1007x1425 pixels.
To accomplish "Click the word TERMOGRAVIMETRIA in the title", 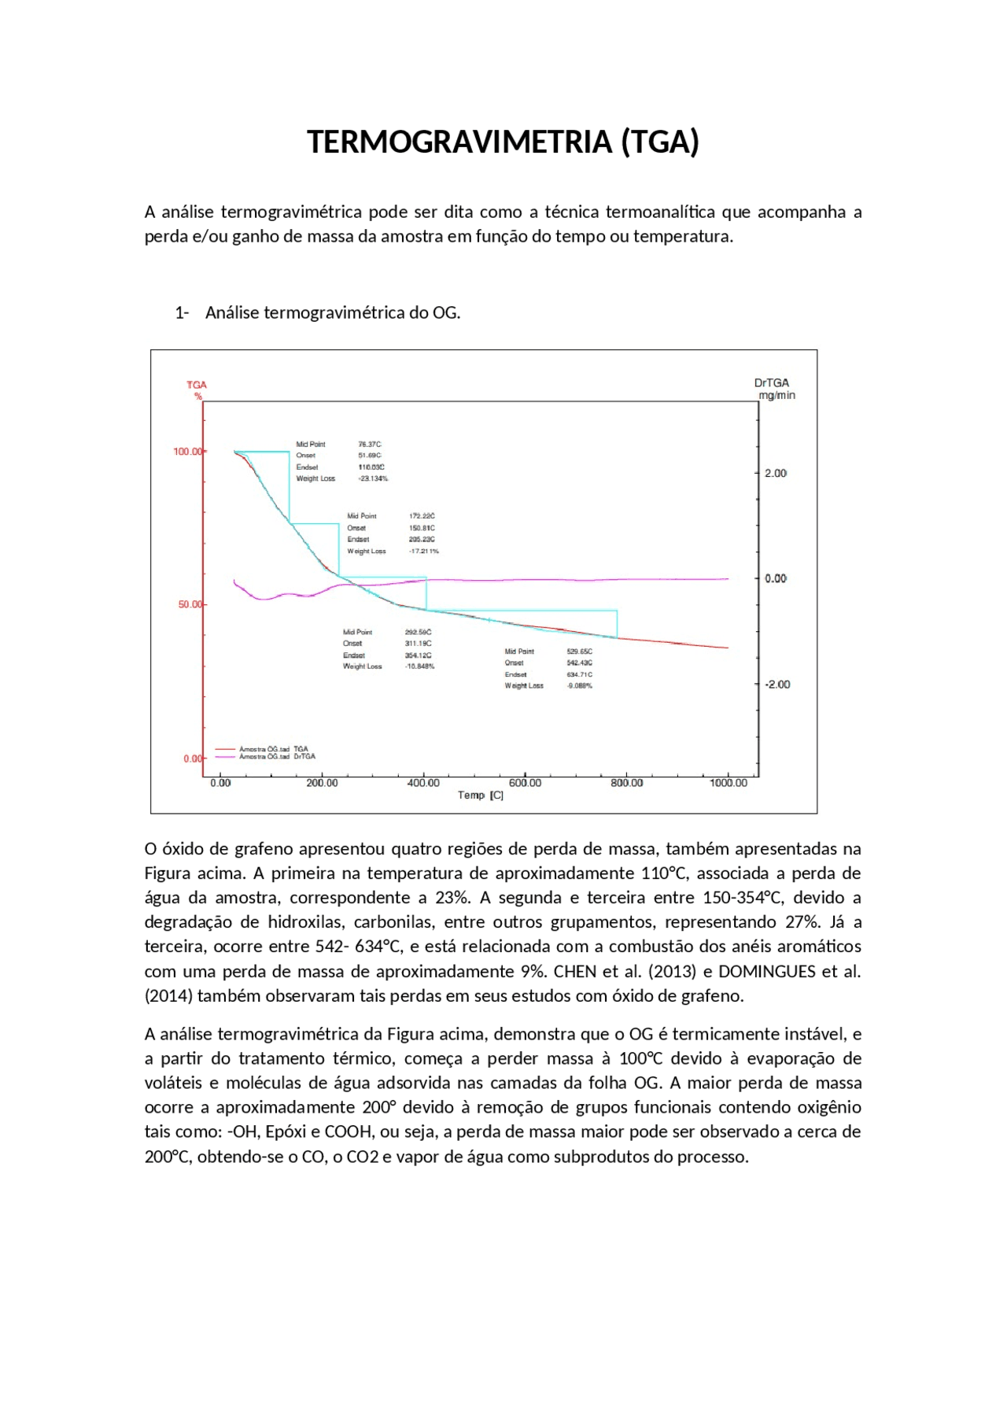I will [459, 142].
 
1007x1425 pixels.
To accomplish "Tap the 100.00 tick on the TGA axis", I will [188, 452].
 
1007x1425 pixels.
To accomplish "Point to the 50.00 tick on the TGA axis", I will [190, 604].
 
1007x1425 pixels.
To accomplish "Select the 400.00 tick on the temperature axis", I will [424, 783].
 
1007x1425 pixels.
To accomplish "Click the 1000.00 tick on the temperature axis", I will [728, 783].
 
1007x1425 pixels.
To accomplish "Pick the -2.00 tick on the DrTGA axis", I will [777, 685].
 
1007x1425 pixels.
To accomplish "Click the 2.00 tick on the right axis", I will [775, 473].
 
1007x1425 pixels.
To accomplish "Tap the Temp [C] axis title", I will [481, 796].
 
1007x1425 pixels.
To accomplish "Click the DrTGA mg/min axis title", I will [774, 389].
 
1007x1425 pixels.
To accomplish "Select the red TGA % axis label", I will [197, 389].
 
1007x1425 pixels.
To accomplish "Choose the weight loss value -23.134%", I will [373, 478].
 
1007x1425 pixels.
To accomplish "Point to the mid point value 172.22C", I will [422, 516].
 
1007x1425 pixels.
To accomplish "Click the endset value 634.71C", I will [580, 674].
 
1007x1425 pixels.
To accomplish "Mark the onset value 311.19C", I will [418, 644].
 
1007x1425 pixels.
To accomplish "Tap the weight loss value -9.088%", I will [580, 686].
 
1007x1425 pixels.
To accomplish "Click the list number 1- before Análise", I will [182, 313].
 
